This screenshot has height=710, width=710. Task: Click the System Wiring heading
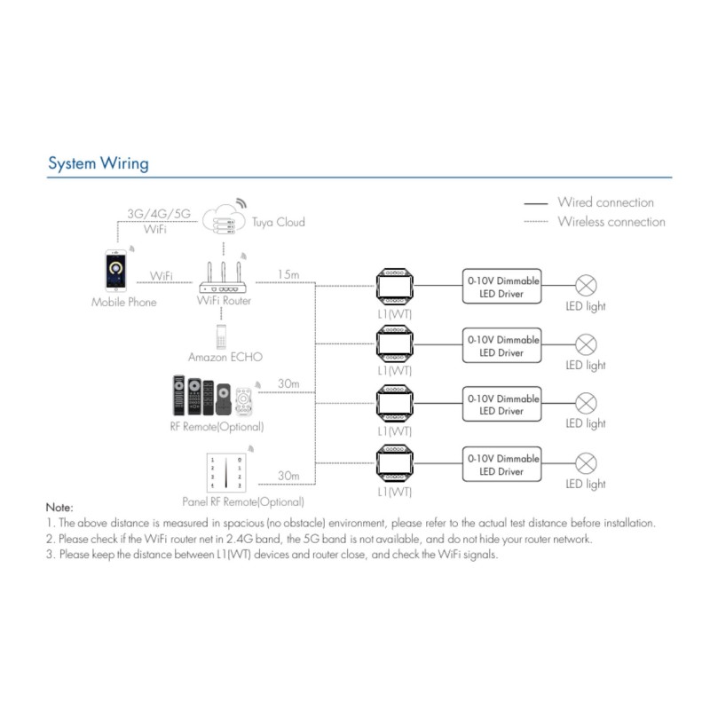pyautogui.click(x=98, y=163)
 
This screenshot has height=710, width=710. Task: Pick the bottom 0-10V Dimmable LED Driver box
pyautogui.click(x=502, y=463)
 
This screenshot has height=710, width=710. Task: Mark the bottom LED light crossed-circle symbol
pyautogui.click(x=586, y=463)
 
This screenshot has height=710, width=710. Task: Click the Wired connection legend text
pyautogui.click(x=605, y=202)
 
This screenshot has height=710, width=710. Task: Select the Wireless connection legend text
pyautogui.click(x=611, y=221)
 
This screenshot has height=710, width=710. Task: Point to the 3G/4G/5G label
pyautogui.click(x=157, y=214)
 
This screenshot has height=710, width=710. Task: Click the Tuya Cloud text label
pyautogui.click(x=278, y=222)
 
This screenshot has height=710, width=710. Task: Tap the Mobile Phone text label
pyautogui.click(x=123, y=303)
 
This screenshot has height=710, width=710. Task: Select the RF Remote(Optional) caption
pyautogui.click(x=217, y=427)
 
